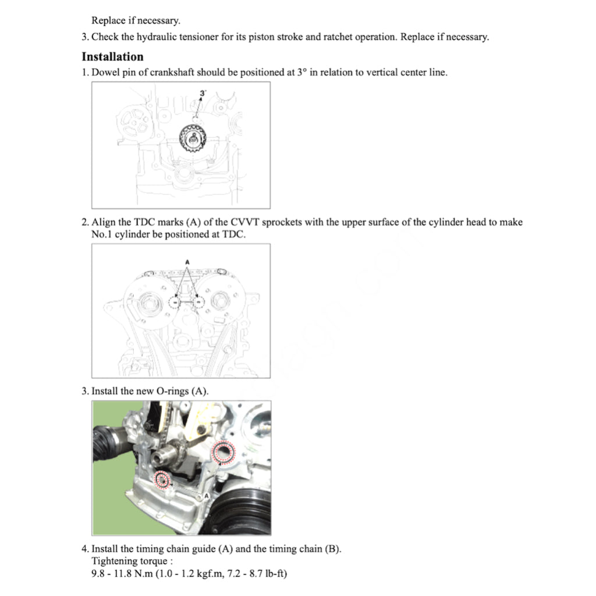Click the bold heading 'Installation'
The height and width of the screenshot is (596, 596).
pos(112,57)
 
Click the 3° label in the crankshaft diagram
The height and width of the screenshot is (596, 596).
pos(203,93)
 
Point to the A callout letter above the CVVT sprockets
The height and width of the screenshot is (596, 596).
pos(187,262)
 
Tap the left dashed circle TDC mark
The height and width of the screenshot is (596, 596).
pos(174,303)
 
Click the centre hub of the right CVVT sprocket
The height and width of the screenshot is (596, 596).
pos(221,301)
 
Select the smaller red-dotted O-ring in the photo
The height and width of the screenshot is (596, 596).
pos(162,480)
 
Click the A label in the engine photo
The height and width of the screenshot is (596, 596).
pos(207,496)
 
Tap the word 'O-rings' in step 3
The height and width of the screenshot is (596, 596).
pos(173,391)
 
